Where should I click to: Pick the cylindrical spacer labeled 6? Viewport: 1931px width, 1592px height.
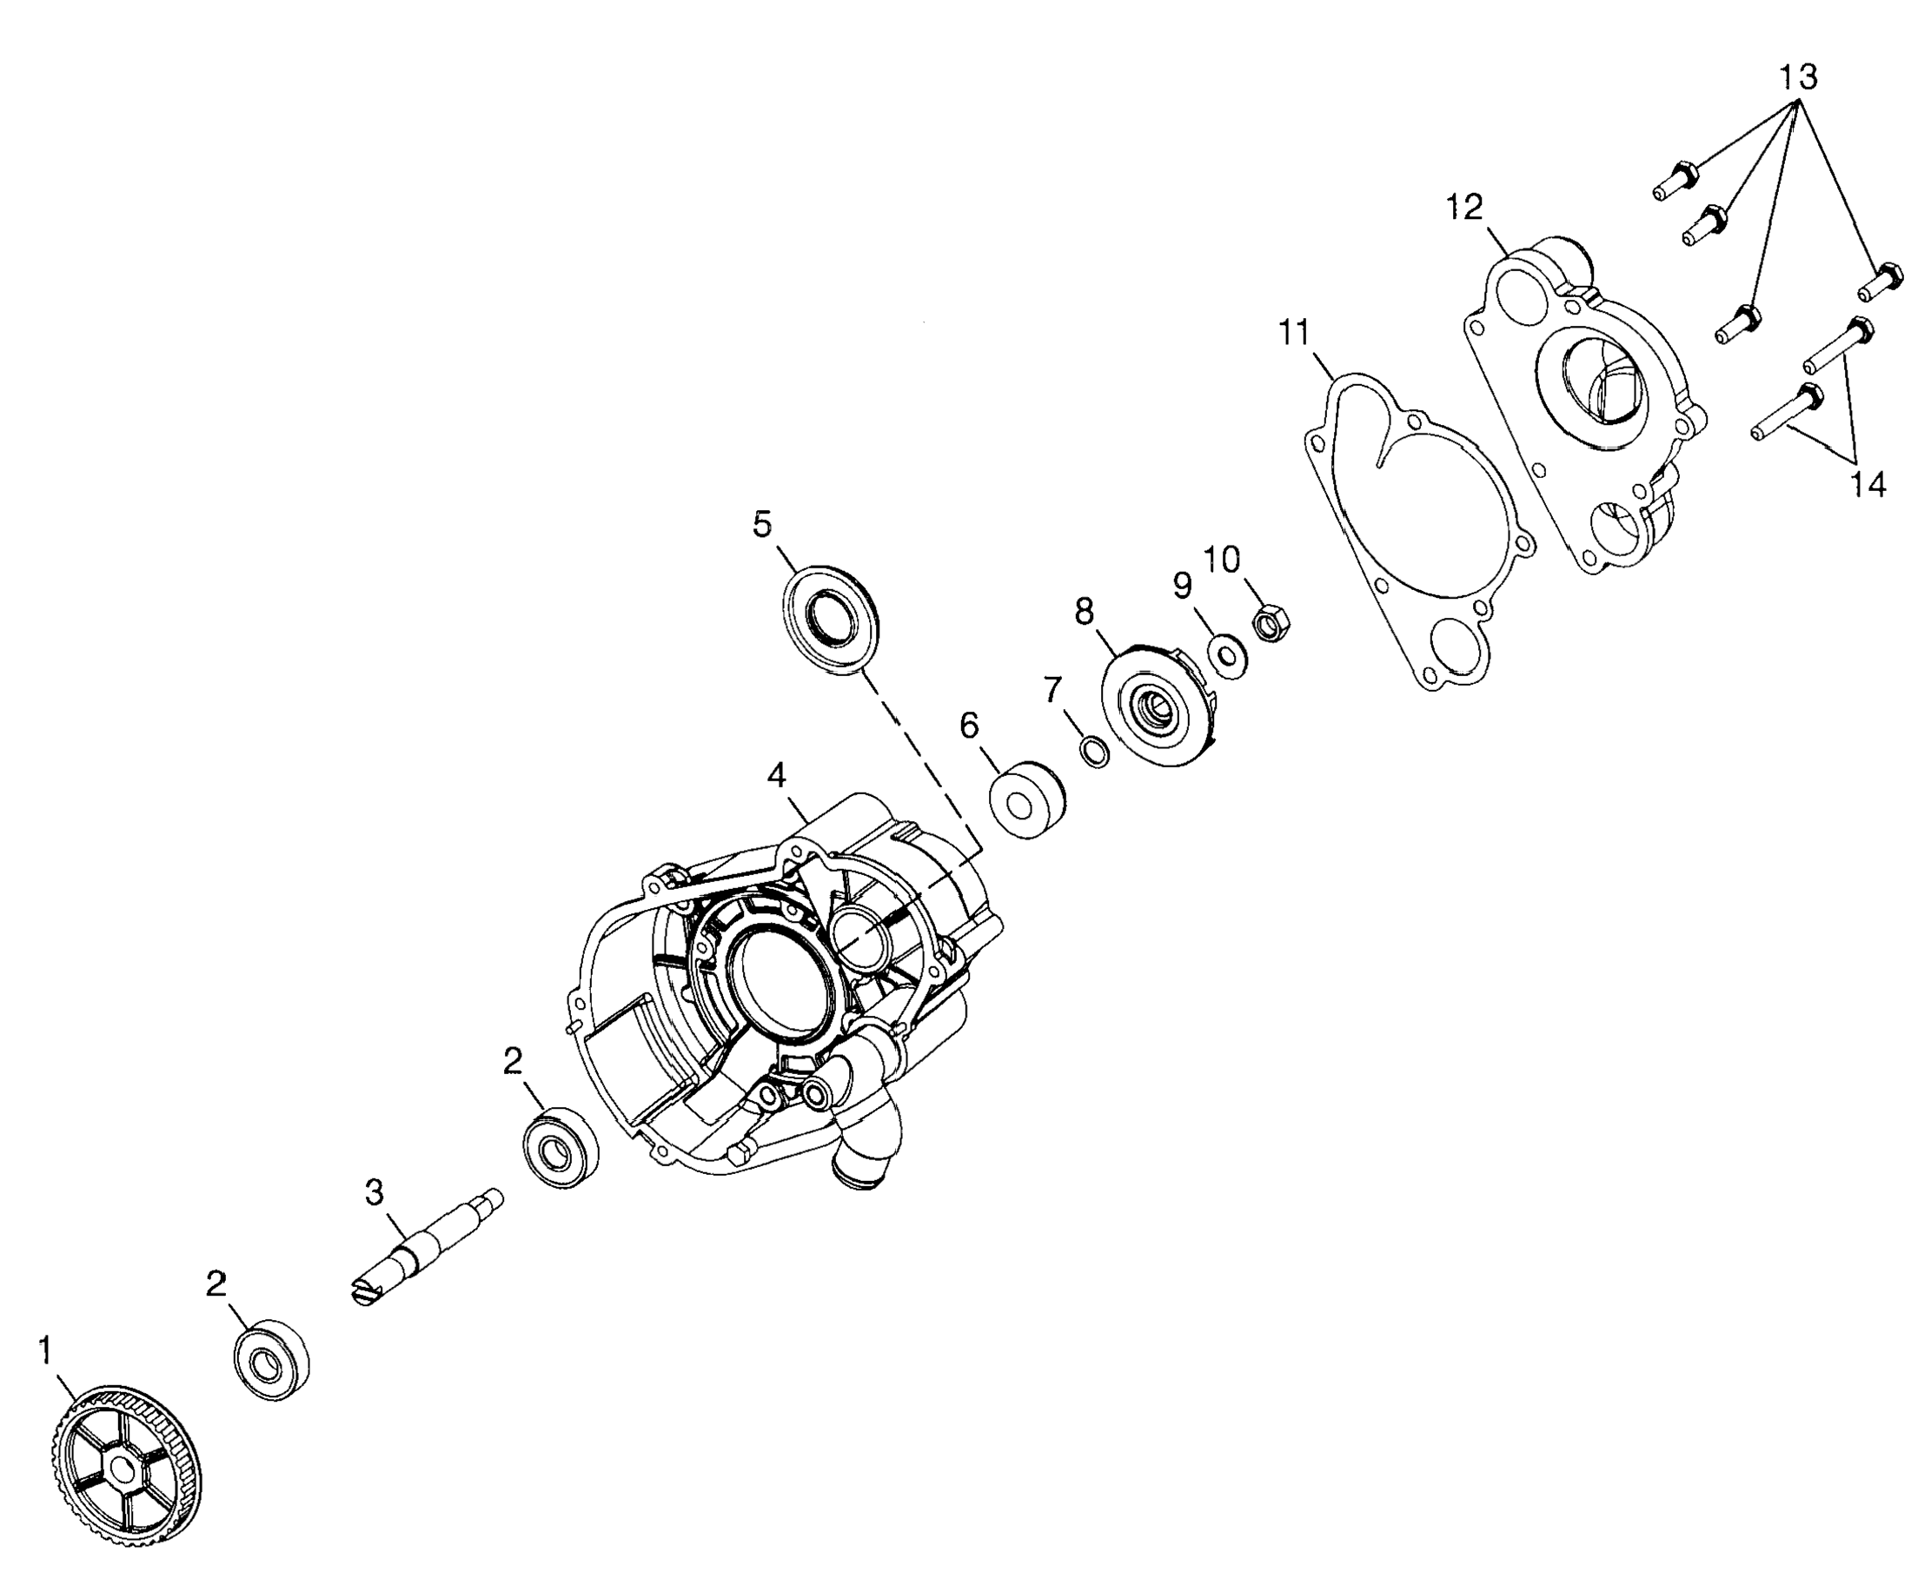(1025, 799)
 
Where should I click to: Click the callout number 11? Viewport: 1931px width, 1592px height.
(1294, 333)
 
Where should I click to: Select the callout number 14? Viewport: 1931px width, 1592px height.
(1867, 484)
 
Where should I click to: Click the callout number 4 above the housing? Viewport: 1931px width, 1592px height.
(777, 776)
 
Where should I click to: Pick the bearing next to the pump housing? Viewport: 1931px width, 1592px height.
(561, 1147)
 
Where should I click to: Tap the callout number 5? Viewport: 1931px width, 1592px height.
(762, 526)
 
